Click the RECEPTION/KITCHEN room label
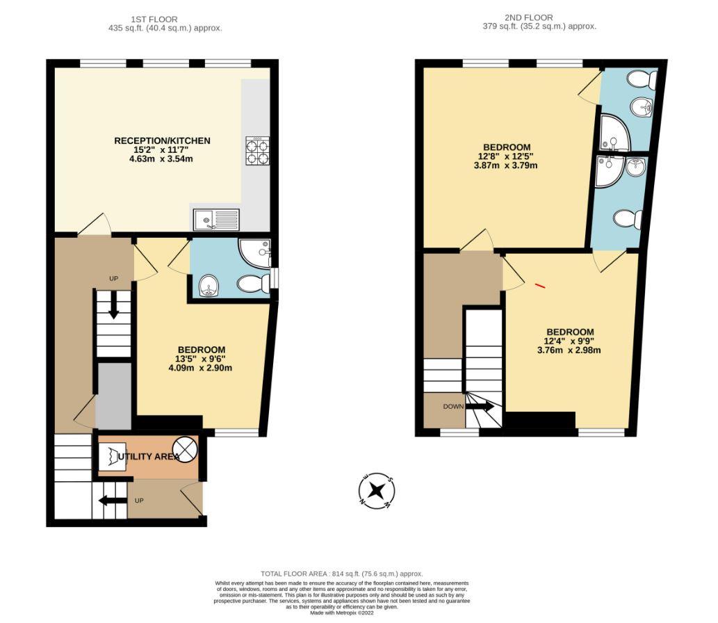click(162, 141)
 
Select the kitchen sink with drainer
click(216, 220)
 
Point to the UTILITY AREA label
click(149, 457)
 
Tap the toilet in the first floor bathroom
click(254, 283)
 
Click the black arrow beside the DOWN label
click(480, 406)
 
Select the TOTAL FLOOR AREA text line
click(341, 574)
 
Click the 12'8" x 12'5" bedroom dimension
click(507, 156)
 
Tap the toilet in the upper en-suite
click(644, 82)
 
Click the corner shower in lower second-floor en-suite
click(608, 170)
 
